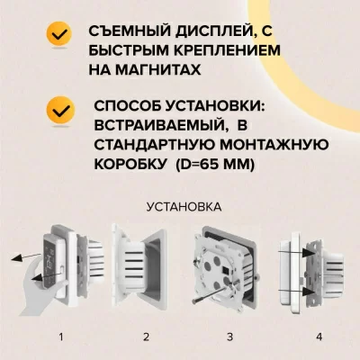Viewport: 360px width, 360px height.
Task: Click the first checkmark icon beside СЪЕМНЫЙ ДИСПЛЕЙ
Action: click(x=61, y=34)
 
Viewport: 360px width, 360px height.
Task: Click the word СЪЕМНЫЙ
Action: click(x=125, y=31)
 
